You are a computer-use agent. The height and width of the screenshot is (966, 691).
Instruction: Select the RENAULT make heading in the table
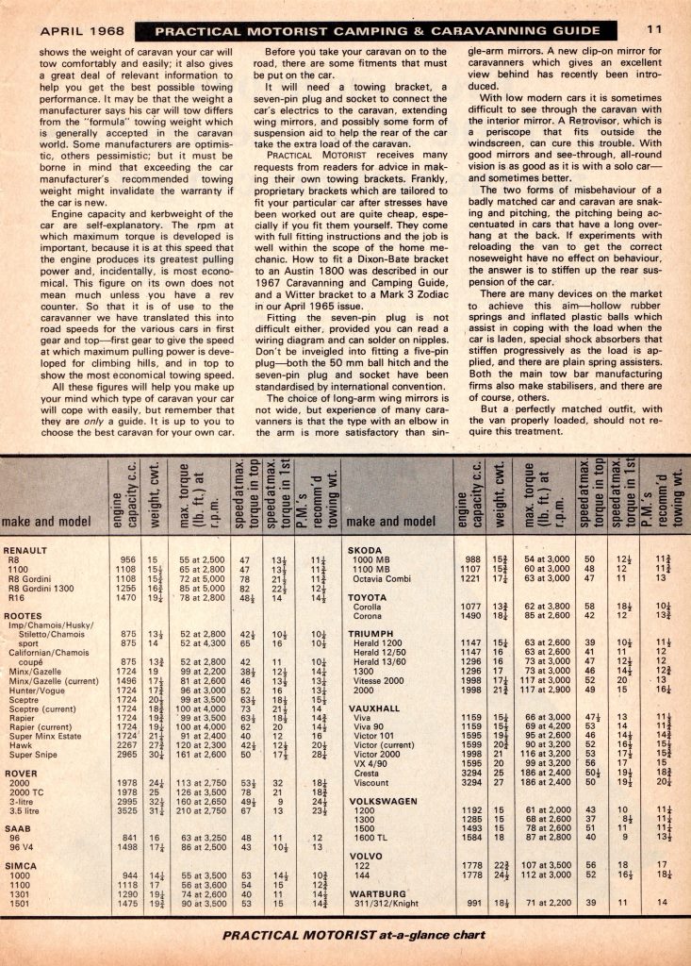coord(27,549)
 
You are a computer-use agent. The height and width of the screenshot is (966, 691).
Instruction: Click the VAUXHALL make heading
coord(374,709)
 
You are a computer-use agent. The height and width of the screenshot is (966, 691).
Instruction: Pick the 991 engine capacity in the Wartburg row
coord(473,902)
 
